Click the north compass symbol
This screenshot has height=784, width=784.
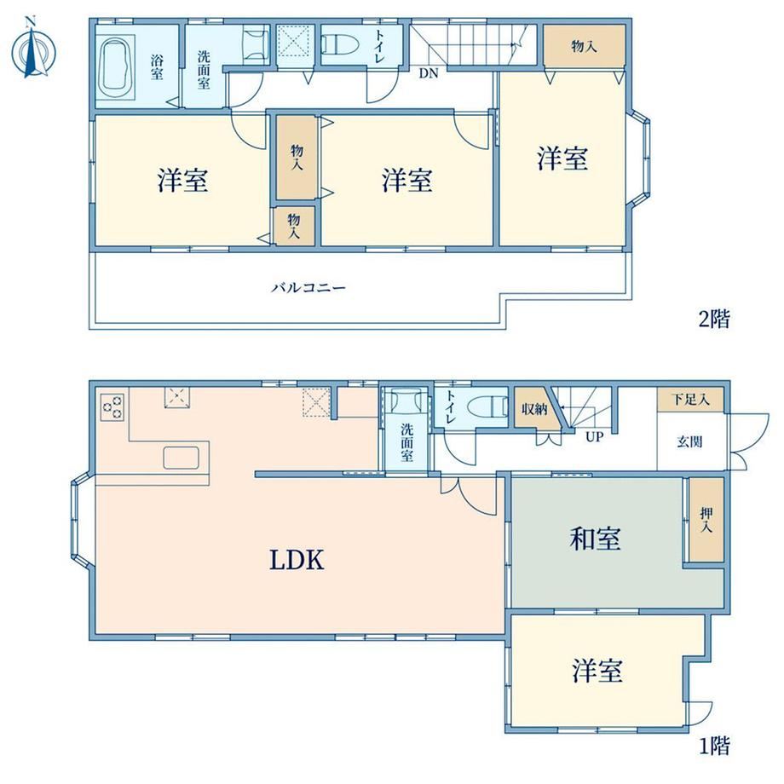[x=33, y=49]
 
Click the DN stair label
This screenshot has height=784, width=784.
[x=428, y=73]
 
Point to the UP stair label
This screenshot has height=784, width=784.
[x=594, y=436]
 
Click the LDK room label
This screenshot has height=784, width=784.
[x=297, y=560]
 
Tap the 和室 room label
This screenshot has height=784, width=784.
[x=595, y=539]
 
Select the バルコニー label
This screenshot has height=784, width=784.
[x=308, y=287]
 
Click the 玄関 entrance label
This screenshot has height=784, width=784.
[x=690, y=441]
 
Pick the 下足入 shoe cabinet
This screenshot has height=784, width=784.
[x=690, y=400]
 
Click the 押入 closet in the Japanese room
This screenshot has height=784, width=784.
[x=706, y=520]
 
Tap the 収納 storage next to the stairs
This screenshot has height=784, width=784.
[x=535, y=408]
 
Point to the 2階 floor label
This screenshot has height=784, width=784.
[x=714, y=319]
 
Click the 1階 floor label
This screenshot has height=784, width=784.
[x=714, y=746]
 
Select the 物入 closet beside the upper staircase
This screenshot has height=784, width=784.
[x=584, y=45]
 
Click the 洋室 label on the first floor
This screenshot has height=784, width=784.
[x=597, y=671]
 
